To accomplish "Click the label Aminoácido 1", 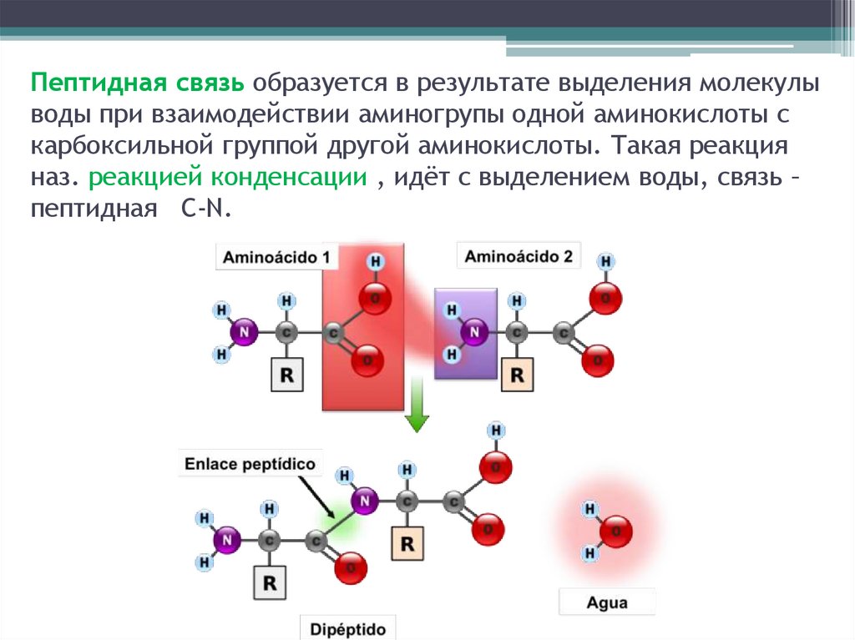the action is [x=276, y=257].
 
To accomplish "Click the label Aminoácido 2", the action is [x=519, y=255].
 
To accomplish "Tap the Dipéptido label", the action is [x=349, y=627].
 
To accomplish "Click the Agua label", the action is [x=607, y=602].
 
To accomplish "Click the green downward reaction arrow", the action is [x=416, y=413].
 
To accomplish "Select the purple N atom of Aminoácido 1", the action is [x=244, y=333].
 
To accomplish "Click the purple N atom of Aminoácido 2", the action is [x=474, y=333].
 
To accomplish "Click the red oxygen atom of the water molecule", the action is [x=616, y=531].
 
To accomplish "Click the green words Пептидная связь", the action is [x=139, y=83].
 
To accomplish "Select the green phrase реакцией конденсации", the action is [x=228, y=178].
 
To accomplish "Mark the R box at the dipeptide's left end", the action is [x=269, y=582].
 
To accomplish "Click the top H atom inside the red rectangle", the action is [x=376, y=262].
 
